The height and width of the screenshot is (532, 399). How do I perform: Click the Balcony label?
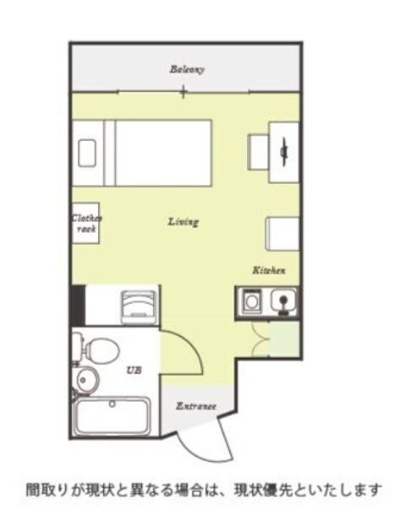(x=187, y=70)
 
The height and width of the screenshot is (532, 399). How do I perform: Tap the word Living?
(x=183, y=222)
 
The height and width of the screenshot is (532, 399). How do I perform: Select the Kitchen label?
(x=269, y=270)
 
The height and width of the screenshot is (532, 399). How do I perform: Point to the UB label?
(x=134, y=370)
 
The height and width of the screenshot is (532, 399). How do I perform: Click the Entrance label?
(x=196, y=406)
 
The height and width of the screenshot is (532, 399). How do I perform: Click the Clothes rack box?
(x=85, y=223)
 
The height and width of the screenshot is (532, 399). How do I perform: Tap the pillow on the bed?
(x=86, y=153)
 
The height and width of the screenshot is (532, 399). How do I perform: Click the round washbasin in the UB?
(x=85, y=380)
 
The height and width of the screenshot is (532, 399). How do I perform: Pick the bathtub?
(x=112, y=416)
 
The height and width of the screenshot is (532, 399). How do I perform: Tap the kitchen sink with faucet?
(x=283, y=301)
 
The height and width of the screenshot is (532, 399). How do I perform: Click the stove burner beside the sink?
(x=251, y=301)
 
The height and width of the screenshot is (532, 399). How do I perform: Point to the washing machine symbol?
(x=139, y=308)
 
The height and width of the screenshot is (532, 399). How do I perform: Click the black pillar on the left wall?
(x=78, y=306)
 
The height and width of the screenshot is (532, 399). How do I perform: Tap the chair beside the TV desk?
(x=258, y=152)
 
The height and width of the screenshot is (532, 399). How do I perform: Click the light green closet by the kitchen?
(x=284, y=339)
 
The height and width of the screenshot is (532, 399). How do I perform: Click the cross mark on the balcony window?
(x=183, y=91)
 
